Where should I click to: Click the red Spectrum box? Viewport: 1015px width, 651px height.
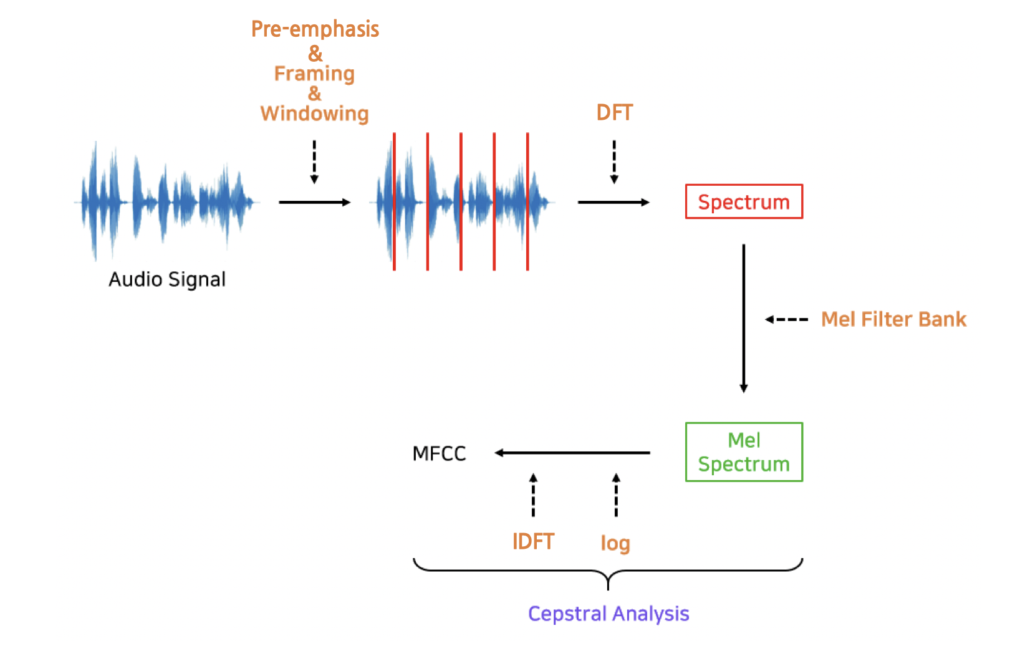743,201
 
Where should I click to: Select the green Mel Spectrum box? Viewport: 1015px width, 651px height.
743,452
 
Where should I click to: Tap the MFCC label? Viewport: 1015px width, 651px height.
439,453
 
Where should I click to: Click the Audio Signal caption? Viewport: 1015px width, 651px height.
167,279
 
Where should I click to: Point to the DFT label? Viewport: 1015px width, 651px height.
614,112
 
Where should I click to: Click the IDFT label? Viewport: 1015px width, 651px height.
533,541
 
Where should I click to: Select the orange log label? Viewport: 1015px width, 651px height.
615,542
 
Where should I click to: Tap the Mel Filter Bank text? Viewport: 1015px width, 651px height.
893,319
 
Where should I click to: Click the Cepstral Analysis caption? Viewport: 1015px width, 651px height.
608,614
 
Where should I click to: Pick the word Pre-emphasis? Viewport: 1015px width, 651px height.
315,29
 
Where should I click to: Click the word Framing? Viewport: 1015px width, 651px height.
314,74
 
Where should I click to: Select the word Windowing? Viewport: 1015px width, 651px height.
314,113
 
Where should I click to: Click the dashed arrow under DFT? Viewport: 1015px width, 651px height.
614,162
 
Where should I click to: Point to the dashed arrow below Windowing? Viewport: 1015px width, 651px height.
314,162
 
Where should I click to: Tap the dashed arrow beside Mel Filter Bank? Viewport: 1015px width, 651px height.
786,319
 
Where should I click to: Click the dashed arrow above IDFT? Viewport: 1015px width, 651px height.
533,495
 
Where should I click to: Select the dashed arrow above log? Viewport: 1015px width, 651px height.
616,495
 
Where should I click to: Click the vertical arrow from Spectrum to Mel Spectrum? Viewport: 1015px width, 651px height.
743,318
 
